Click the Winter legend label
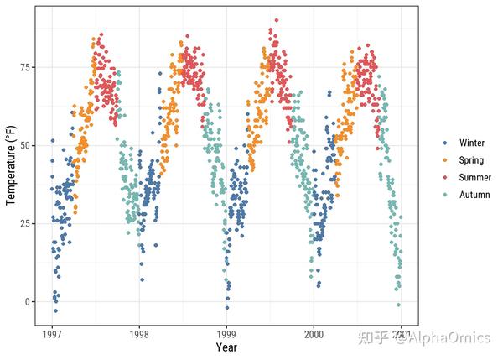(x=472, y=143)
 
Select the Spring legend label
(x=471, y=160)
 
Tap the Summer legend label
(x=474, y=178)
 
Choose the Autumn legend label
(x=474, y=195)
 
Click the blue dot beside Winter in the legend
(x=445, y=143)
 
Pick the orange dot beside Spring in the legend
(x=445, y=160)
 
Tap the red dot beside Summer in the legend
(x=445, y=178)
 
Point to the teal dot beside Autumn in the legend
(x=445, y=195)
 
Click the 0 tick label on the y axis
(x=25, y=302)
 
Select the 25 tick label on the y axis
(x=23, y=224)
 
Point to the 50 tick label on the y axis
(x=23, y=146)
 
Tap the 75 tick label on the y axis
(x=23, y=68)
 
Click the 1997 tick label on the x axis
(x=52, y=333)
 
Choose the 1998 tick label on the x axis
(x=139, y=333)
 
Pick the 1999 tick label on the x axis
(x=226, y=333)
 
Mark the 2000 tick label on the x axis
(x=314, y=333)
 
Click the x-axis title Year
(x=226, y=347)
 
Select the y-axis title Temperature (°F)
(x=10, y=164)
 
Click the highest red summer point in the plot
(x=277, y=19)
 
